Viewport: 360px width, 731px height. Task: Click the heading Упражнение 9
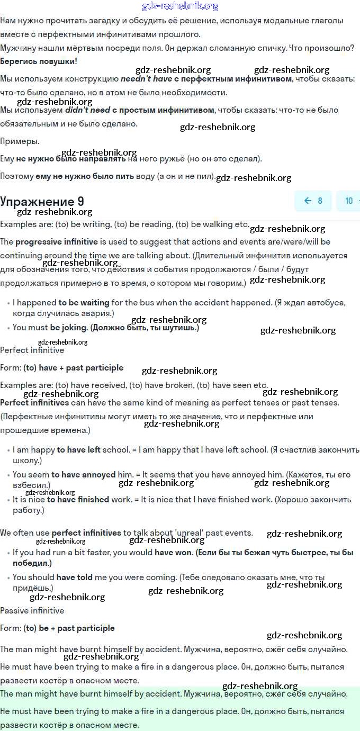click(x=42, y=201)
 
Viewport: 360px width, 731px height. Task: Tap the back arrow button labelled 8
click(x=313, y=201)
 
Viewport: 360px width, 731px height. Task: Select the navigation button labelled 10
click(x=349, y=201)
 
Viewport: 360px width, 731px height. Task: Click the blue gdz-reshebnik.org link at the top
click(x=180, y=6)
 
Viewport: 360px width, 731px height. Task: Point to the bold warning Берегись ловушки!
click(x=39, y=61)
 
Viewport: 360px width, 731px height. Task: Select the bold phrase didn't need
click(x=87, y=110)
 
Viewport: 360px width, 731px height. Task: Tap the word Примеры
click(x=20, y=141)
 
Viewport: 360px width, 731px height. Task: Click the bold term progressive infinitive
click(x=57, y=242)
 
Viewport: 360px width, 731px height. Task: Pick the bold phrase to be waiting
click(x=84, y=303)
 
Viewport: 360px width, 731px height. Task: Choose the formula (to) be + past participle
click(x=69, y=628)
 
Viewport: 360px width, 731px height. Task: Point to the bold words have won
click(x=174, y=552)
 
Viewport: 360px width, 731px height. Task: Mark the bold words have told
click(x=75, y=577)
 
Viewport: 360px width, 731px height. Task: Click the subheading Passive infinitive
click(x=32, y=610)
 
